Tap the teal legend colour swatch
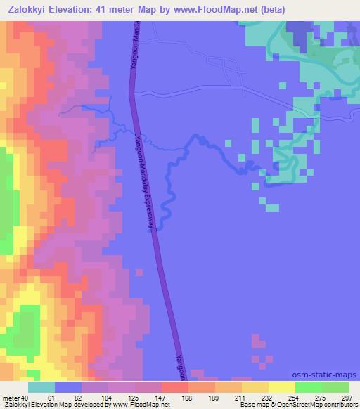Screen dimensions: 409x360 click(x=41, y=387)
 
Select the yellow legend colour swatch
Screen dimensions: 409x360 click(x=282, y=387)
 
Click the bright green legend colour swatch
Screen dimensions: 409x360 click(x=309, y=387)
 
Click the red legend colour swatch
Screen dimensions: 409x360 click(x=175, y=387)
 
